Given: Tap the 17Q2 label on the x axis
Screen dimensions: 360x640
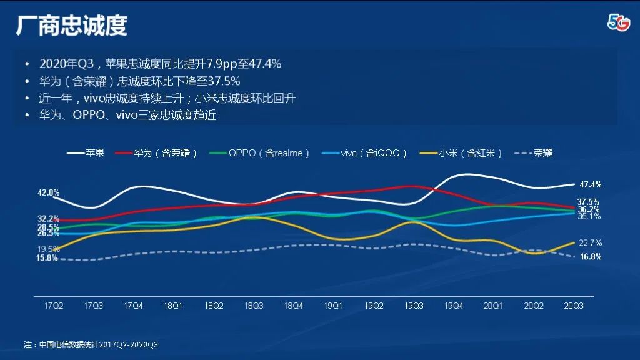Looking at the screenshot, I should tap(54, 306).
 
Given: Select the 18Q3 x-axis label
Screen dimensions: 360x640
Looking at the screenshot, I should tap(253, 306).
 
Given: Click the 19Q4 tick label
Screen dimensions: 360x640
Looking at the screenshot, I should tap(453, 306).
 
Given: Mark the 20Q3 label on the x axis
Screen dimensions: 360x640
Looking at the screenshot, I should tap(573, 306).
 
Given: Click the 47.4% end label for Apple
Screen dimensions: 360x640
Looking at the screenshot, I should tap(590, 185).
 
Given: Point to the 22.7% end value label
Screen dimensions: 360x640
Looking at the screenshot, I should tap(590, 243).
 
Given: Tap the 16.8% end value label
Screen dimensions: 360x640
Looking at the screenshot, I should tap(590, 257).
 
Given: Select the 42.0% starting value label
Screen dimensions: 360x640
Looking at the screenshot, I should tap(48, 193).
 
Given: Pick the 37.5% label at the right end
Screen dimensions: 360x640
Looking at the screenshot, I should tap(588, 202).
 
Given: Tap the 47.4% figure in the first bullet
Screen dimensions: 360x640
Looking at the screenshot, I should tap(264, 64).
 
